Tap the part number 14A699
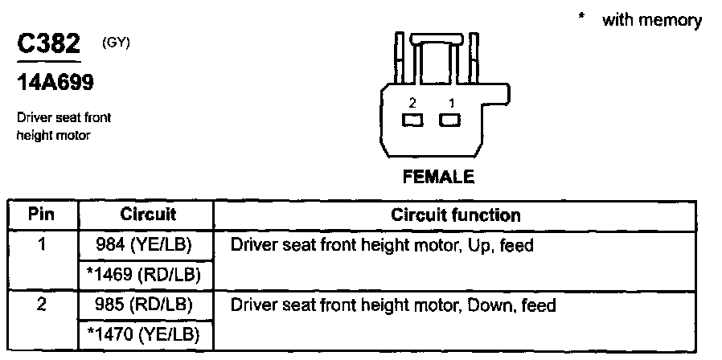(54, 82)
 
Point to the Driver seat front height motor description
(64, 126)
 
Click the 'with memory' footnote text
(651, 20)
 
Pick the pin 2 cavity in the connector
(413, 121)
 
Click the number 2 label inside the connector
(412, 103)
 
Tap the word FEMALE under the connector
(438, 178)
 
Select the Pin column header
(42, 215)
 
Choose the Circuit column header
(148, 215)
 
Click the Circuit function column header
(455, 215)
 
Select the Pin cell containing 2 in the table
(42, 305)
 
